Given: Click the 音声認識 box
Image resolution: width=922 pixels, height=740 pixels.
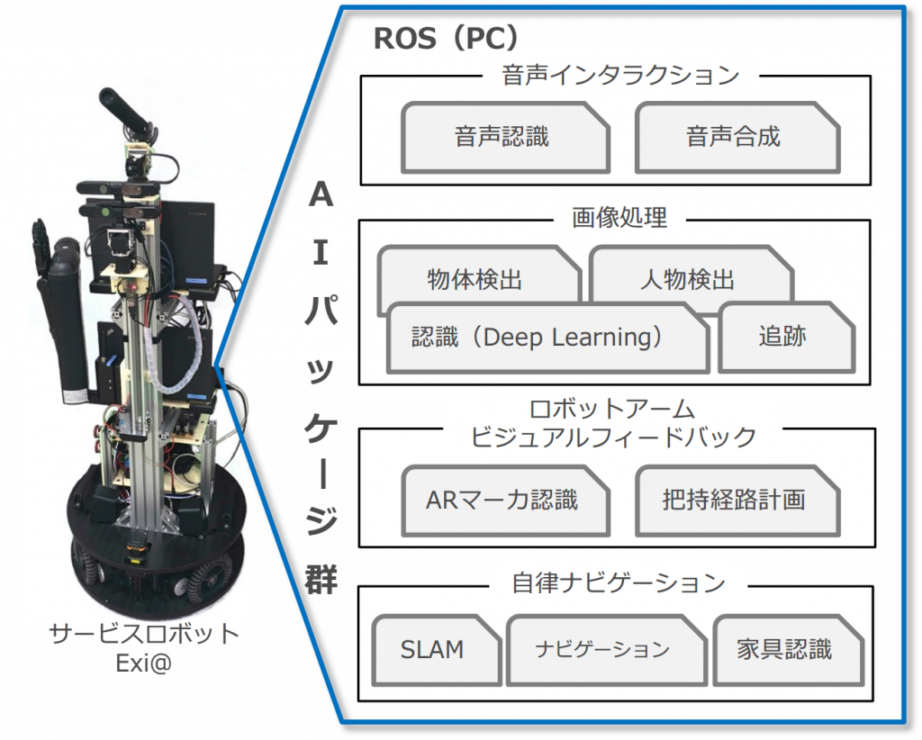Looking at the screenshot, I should tap(502, 137).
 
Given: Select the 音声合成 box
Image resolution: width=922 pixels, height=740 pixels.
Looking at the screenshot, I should tap(734, 137).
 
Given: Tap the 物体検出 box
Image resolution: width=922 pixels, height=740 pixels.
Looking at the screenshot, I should tap(475, 279).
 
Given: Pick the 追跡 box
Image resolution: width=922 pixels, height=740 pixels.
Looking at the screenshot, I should tap(782, 338).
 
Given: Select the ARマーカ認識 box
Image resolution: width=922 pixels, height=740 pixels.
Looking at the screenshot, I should tap(502, 500).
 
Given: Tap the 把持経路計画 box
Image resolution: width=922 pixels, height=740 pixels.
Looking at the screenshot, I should tap(734, 500).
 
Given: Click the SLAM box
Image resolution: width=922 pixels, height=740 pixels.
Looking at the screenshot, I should tap(433, 649).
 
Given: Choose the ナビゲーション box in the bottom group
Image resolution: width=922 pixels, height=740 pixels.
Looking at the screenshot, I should tap(602, 649).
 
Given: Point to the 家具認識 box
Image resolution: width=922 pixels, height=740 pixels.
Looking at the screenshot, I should tap(784, 649).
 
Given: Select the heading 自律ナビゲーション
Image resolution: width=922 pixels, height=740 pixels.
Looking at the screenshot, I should tap(619, 582).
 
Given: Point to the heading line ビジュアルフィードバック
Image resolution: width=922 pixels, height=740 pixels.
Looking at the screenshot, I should tap(614, 438).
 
